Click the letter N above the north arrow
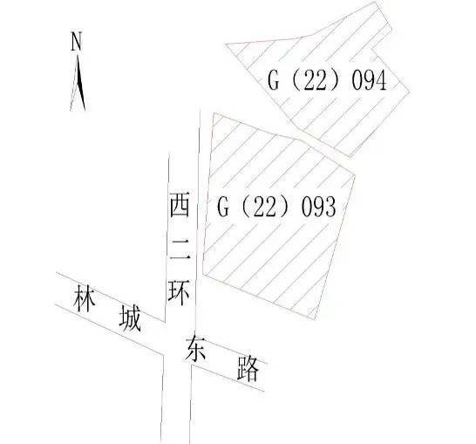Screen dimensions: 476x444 77,41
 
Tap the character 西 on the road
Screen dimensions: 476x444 180,205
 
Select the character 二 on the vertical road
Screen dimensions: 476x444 180,249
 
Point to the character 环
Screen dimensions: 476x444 180,292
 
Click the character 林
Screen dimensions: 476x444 85,298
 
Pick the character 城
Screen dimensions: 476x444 130,318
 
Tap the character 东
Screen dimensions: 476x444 195,349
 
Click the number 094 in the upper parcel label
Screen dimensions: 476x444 369,80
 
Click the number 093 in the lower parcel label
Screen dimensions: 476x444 318,207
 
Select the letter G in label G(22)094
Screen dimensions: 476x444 273,80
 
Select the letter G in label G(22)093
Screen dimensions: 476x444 223,207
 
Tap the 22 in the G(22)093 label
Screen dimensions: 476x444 265,207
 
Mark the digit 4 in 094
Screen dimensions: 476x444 381,80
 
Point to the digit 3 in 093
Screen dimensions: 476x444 330,207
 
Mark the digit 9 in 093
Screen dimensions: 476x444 318,207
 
